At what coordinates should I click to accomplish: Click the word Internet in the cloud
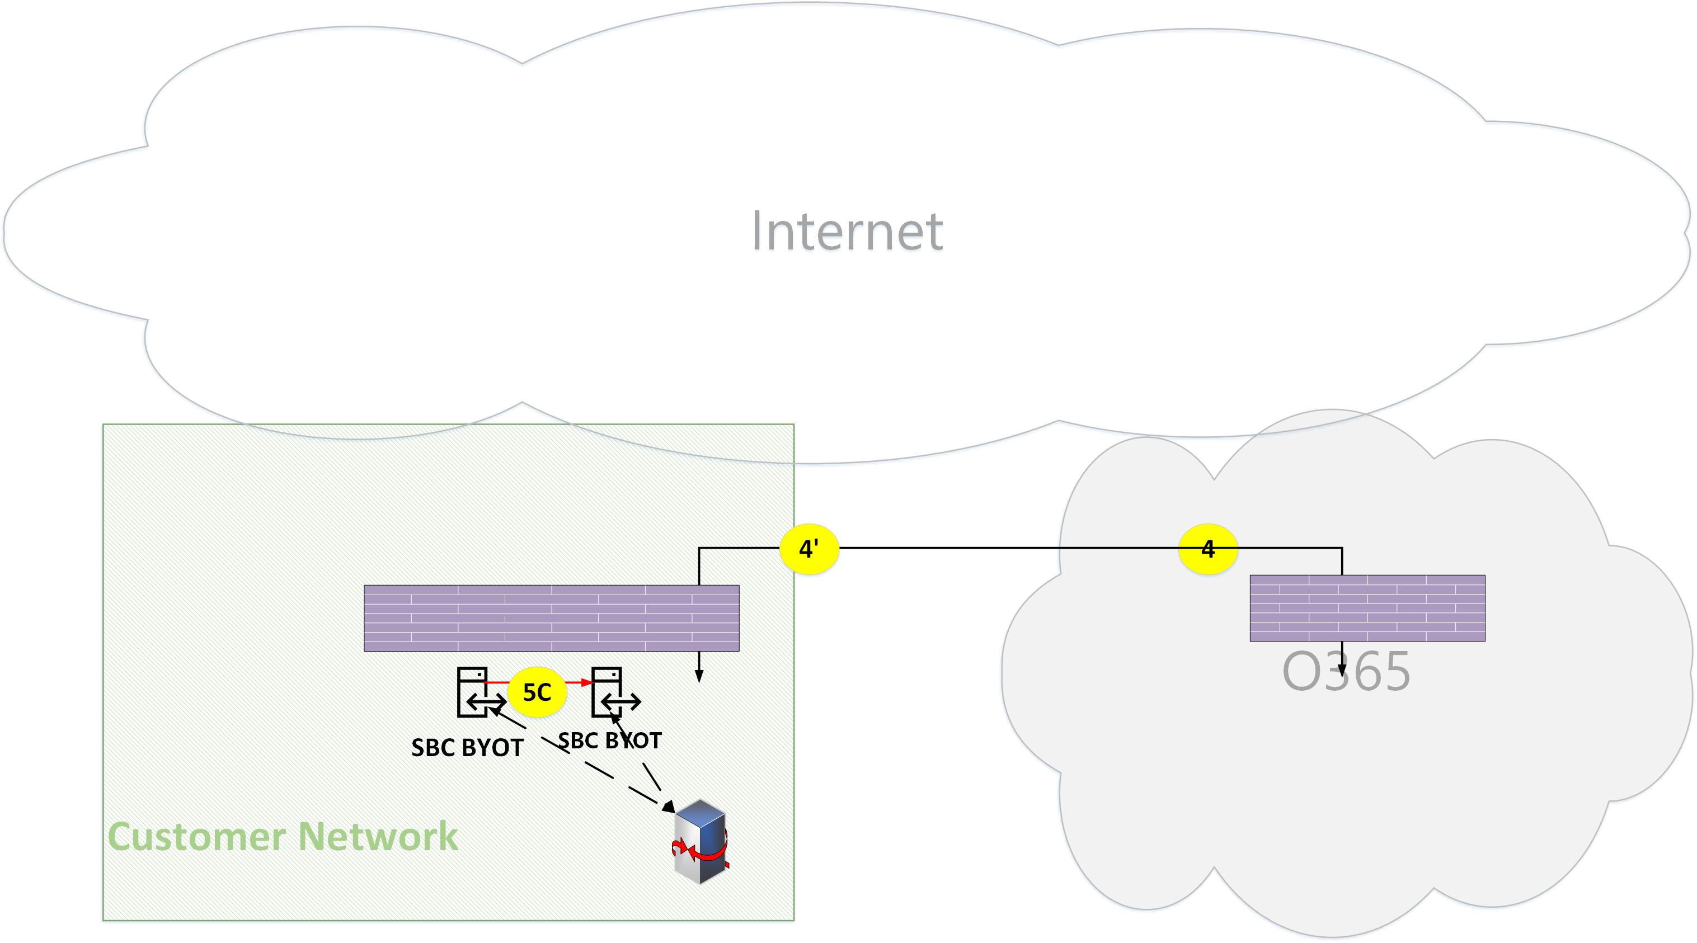(x=847, y=231)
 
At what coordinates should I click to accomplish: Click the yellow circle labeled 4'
(x=809, y=549)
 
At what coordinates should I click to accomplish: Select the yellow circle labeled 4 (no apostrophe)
(x=1207, y=549)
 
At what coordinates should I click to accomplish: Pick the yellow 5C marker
(x=537, y=692)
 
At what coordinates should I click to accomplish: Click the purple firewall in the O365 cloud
(x=1367, y=608)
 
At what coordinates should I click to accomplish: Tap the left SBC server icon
(x=473, y=691)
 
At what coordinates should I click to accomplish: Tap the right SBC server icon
(x=608, y=691)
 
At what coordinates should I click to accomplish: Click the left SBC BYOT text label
(x=467, y=748)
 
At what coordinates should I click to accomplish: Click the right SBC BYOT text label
(x=609, y=741)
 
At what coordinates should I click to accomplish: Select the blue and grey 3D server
(x=701, y=842)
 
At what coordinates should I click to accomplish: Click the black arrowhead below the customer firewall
(x=699, y=676)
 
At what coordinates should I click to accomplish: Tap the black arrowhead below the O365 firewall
(x=1342, y=671)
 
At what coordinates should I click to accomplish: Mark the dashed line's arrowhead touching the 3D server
(x=668, y=806)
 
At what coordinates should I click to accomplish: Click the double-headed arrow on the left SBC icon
(x=486, y=702)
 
